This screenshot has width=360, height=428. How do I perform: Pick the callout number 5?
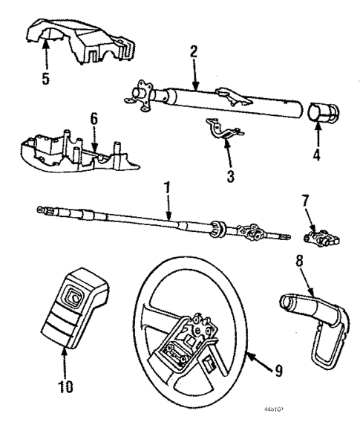46,78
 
